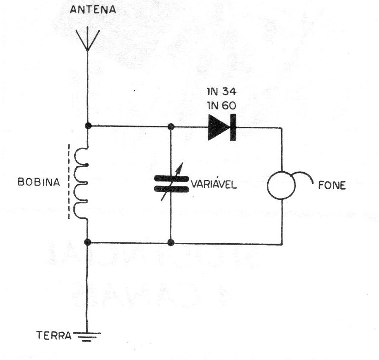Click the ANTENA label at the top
click(93, 10)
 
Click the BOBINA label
click(39, 182)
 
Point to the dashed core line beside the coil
click(69, 182)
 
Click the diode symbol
click(222, 127)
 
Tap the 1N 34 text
click(222, 91)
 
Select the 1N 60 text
click(222, 106)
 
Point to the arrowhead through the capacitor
click(180, 167)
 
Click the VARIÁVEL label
click(214, 185)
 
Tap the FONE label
click(332, 186)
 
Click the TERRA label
click(54, 336)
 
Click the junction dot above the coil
click(88, 126)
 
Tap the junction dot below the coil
click(88, 242)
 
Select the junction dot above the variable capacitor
click(171, 126)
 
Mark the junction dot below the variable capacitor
click(171, 242)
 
